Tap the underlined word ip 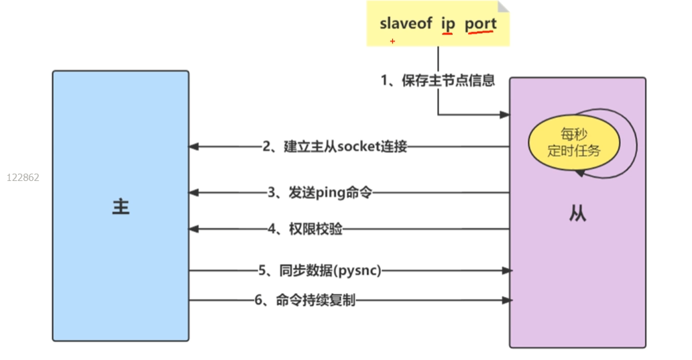tap(448, 23)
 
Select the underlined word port tap(481, 23)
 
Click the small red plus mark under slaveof tap(392, 41)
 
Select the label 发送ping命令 tap(319, 193)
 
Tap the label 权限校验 tap(305, 229)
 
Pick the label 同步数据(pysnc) tap(319, 271)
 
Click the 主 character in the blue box tap(121, 206)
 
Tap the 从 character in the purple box tap(577, 215)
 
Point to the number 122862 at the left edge tap(23, 178)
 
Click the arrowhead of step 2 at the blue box tap(193, 147)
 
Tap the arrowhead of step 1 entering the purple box tap(505, 115)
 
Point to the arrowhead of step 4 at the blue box tap(193, 229)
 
